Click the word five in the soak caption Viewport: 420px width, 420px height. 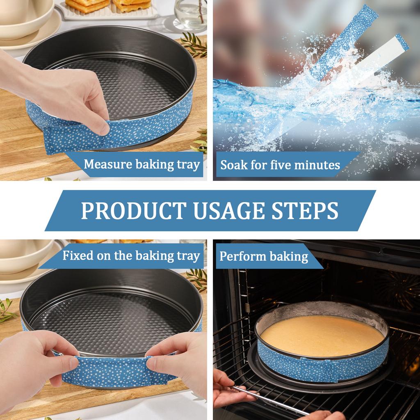tap(279, 165)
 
